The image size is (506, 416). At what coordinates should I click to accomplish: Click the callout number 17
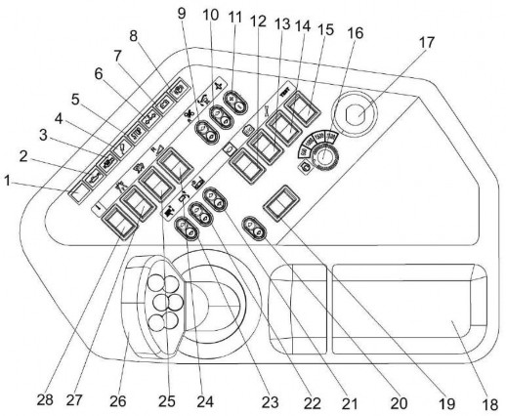[x=426, y=43]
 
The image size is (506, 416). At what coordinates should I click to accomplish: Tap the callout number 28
[x=45, y=399]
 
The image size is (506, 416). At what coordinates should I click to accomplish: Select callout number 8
[x=133, y=36]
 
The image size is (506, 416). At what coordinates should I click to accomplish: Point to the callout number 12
[x=258, y=21]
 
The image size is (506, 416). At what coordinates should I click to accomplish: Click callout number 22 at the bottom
[x=312, y=403]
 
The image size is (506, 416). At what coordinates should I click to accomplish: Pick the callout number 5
[x=75, y=100]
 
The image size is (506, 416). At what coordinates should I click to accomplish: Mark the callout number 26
[x=117, y=401]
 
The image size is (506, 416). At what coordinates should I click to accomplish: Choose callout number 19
[x=446, y=403]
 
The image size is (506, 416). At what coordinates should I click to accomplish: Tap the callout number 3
[x=43, y=136]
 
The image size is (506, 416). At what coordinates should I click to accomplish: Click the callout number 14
[x=302, y=26]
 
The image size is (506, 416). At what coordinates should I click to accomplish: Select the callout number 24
[x=205, y=401]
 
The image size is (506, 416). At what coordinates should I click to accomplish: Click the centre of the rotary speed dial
[x=323, y=156]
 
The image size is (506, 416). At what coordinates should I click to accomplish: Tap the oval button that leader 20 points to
[x=254, y=229]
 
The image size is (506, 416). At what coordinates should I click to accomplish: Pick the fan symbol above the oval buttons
[x=189, y=116]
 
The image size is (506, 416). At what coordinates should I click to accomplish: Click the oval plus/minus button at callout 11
[x=234, y=102]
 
